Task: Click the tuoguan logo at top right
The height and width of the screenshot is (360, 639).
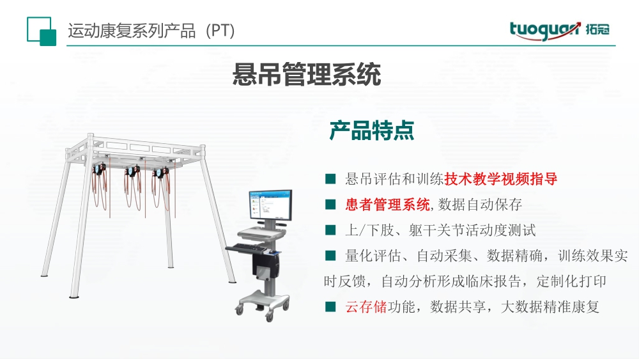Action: (x=559, y=31)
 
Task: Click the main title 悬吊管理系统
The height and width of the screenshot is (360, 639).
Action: (x=307, y=74)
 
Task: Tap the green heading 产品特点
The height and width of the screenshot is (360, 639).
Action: (x=372, y=130)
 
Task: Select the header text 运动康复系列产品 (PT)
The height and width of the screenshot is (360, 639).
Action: (x=151, y=31)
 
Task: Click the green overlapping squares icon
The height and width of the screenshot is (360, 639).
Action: (x=41, y=31)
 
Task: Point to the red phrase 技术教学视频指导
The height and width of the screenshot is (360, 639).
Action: (x=501, y=179)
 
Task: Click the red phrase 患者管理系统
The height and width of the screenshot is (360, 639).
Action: (x=388, y=204)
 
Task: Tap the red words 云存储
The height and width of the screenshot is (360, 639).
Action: (x=366, y=306)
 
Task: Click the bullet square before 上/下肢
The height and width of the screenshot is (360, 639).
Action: (x=330, y=230)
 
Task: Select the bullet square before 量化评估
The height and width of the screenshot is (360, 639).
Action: (x=330, y=256)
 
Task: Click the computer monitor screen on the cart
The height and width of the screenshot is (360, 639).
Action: (x=270, y=205)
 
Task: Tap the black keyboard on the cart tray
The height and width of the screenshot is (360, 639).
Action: (x=247, y=247)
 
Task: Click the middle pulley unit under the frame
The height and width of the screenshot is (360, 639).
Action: (x=132, y=171)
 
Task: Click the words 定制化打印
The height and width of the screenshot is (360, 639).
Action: (x=571, y=281)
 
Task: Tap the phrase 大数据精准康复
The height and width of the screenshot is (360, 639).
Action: (x=550, y=306)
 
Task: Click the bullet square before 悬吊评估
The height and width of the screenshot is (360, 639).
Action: (x=330, y=179)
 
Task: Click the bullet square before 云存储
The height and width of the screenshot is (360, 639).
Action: (x=330, y=306)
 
